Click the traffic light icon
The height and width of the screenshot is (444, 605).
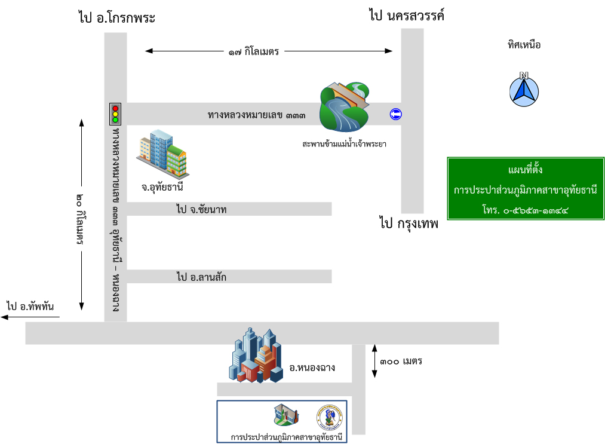(x=115, y=113)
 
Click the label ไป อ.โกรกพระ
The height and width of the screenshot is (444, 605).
(x=116, y=18)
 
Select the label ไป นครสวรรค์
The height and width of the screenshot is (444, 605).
(x=406, y=16)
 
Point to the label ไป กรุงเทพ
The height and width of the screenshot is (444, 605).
(x=409, y=224)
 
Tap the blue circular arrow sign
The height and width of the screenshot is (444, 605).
(x=395, y=114)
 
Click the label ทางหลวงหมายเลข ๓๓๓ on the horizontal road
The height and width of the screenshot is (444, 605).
(x=257, y=114)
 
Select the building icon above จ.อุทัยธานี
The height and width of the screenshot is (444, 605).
(x=162, y=154)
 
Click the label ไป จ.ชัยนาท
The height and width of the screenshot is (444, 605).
(x=201, y=209)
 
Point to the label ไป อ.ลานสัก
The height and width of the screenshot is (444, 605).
(x=201, y=277)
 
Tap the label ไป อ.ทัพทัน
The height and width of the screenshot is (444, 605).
(x=30, y=307)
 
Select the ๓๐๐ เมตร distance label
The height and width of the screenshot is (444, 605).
(x=401, y=361)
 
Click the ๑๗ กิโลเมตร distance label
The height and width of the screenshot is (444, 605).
(x=253, y=52)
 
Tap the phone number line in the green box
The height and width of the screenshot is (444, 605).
(x=525, y=210)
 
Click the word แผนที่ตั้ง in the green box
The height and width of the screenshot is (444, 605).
(x=525, y=171)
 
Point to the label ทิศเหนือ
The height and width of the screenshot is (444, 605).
(x=524, y=44)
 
